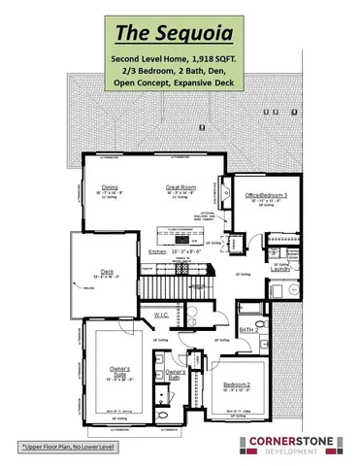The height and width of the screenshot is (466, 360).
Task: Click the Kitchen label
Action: click(x=158, y=251)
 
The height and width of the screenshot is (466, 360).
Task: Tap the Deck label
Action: click(x=108, y=272)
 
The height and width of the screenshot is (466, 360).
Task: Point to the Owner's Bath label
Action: click(x=176, y=374)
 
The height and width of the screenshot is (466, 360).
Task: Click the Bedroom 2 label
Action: click(x=238, y=386)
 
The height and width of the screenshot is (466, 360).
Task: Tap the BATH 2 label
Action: click(x=247, y=331)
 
